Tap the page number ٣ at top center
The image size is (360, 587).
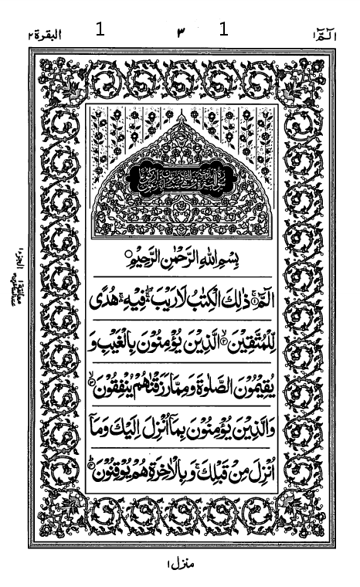[x=182, y=32]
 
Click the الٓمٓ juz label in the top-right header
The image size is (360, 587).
[x=318, y=32]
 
